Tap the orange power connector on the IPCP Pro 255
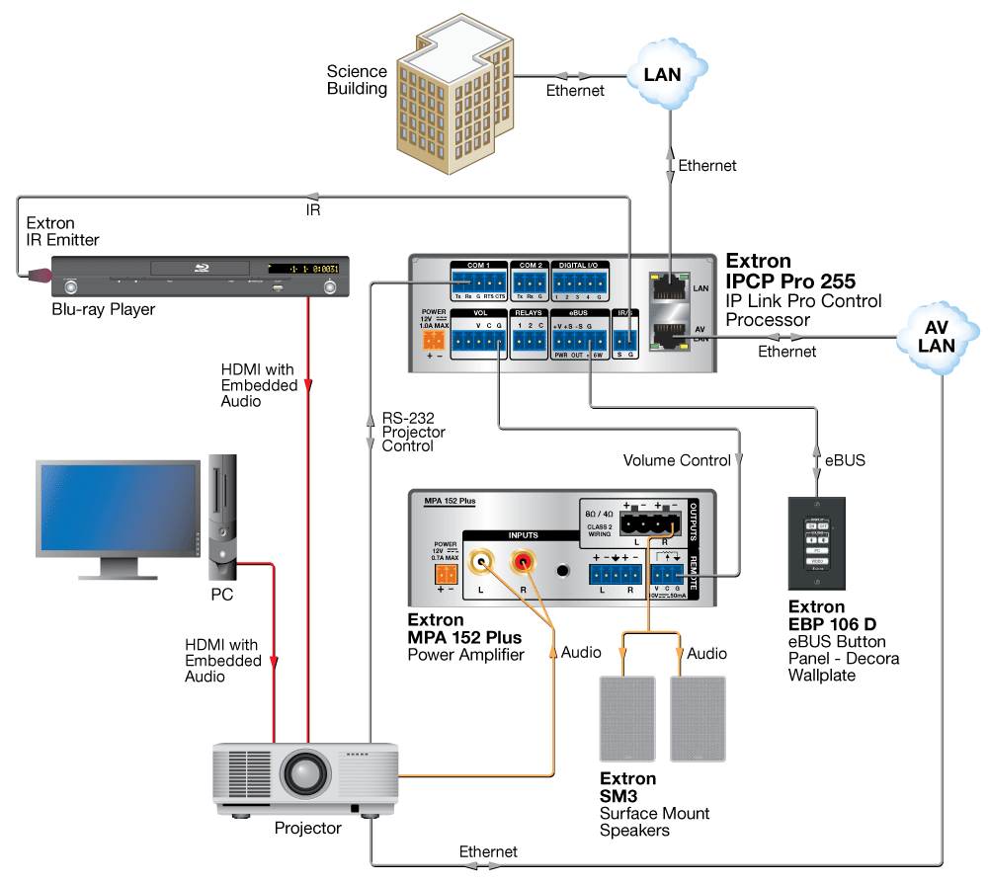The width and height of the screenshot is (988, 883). pos(434,339)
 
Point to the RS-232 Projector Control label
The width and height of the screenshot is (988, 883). pos(414,432)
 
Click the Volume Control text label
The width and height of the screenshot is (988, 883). pos(677,460)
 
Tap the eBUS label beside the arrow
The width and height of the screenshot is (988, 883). pos(846,460)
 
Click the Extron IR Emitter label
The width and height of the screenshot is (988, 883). pos(63,232)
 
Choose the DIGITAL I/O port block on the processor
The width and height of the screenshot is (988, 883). pos(581,284)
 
